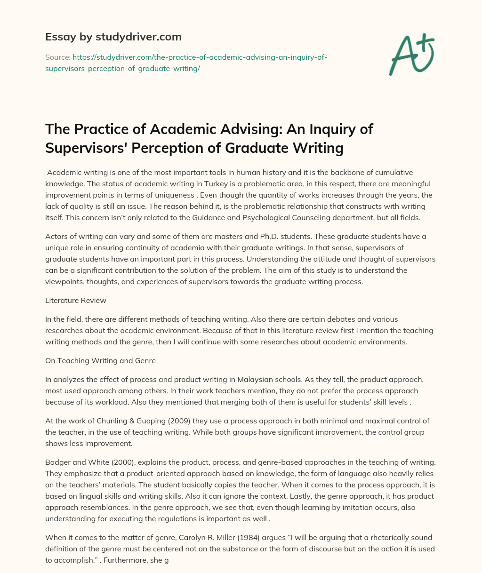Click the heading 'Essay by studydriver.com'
pyautogui.click(x=113, y=36)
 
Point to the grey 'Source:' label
pyautogui.click(x=57, y=57)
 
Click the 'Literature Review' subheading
pyautogui.click(x=76, y=300)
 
